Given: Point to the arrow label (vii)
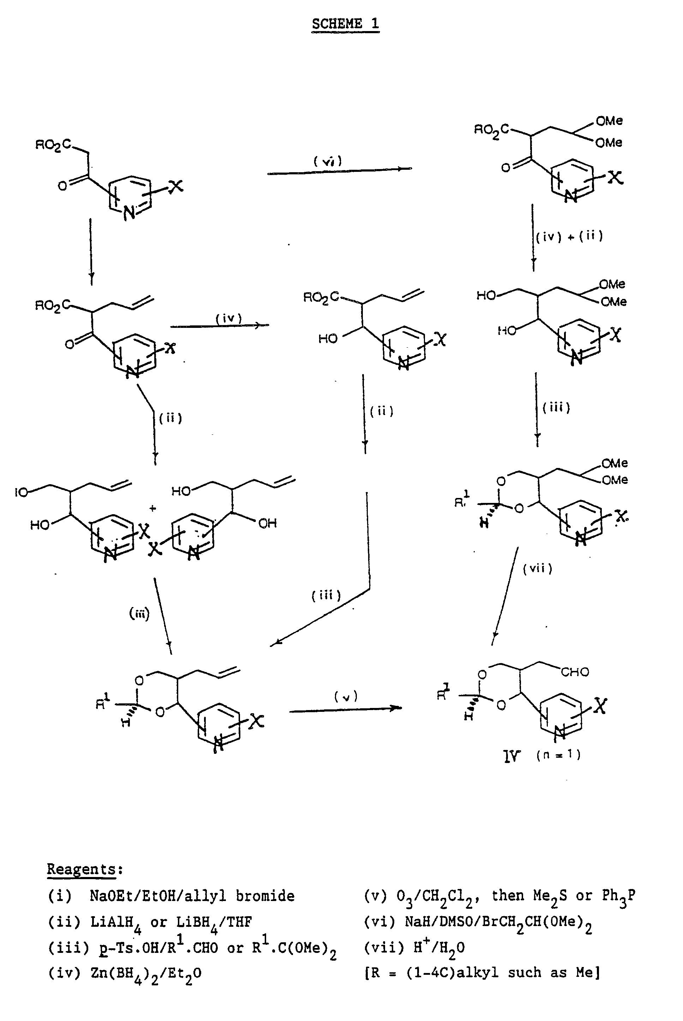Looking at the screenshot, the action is coord(538,569).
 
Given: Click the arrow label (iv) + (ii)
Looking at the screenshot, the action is coord(569,236).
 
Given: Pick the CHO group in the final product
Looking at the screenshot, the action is coord(575,672).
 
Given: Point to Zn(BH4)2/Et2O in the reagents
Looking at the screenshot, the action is coord(146,973).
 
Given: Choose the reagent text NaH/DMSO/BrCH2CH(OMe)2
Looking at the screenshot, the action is coord(498,922).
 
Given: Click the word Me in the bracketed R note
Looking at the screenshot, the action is coord(585,972).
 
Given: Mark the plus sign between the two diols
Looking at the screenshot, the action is coord(152,508).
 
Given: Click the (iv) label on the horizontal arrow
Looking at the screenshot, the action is coord(228,318).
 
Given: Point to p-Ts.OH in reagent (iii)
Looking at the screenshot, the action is coord(131,948).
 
